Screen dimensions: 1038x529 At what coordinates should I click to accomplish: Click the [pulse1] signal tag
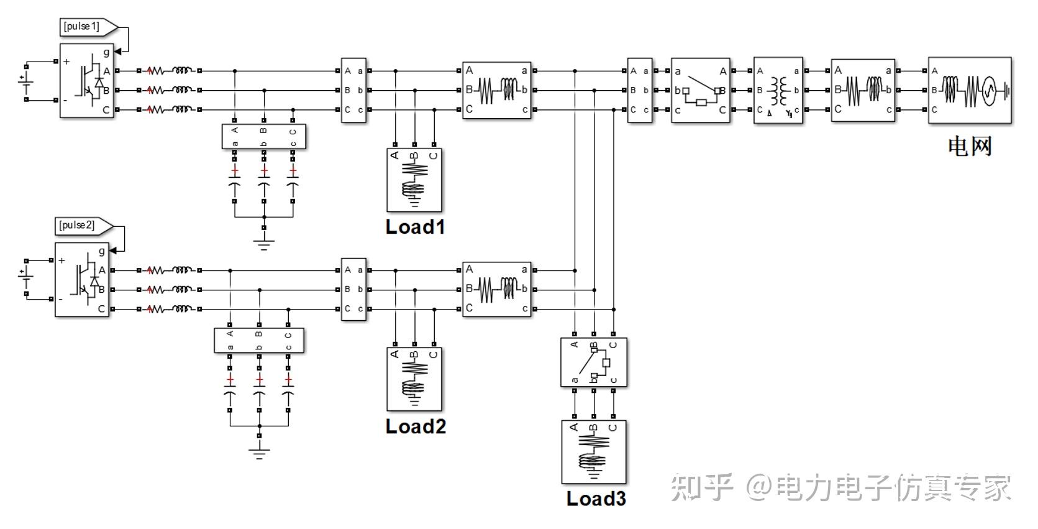[x=88, y=27]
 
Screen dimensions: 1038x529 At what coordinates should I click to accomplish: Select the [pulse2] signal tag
[x=84, y=226]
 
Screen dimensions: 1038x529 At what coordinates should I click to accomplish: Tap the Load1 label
[x=415, y=227]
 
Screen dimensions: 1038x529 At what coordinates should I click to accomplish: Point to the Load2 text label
[x=416, y=426]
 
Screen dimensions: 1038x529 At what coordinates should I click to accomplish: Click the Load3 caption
[x=596, y=499]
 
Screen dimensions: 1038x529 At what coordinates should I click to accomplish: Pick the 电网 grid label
[x=970, y=147]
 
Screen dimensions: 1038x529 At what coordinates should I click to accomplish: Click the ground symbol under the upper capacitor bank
[x=263, y=245]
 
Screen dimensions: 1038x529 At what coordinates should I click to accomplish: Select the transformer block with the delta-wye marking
[x=778, y=90]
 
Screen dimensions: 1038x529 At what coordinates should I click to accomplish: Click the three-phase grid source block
[x=970, y=90]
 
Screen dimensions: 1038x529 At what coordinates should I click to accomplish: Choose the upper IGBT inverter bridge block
[x=86, y=81]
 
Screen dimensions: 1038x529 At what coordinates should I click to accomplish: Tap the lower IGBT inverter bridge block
[x=82, y=280]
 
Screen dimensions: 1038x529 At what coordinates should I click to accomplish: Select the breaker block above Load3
[x=594, y=362]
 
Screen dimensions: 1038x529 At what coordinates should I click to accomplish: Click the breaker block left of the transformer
[x=701, y=90]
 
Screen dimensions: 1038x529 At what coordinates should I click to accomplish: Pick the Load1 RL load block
[x=414, y=180]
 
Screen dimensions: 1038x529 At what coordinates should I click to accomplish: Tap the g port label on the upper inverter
[x=107, y=52]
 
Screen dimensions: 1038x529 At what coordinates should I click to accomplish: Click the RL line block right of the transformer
[x=863, y=90]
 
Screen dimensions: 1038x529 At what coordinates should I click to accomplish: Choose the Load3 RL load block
[x=594, y=452]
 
